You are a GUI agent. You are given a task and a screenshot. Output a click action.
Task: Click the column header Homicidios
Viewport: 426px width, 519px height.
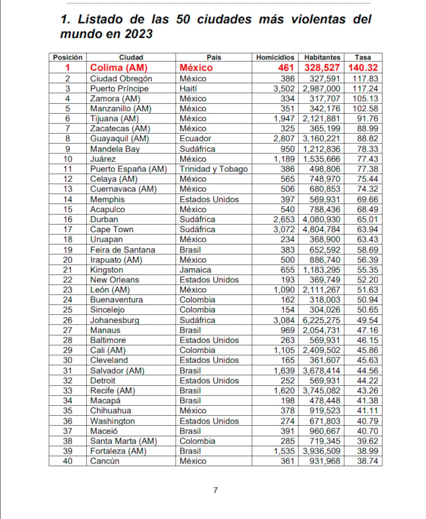point(275,57)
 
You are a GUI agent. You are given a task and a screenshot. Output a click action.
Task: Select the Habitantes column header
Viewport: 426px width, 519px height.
point(322,57)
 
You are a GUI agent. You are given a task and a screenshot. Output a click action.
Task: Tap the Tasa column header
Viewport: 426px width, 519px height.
point(363,57)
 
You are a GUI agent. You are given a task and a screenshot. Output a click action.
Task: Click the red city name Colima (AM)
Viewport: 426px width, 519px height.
point(119,67)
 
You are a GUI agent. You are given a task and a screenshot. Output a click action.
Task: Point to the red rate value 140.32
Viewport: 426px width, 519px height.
point(363,67)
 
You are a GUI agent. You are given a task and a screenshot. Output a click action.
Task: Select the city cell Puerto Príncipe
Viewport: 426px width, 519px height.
point(119,88)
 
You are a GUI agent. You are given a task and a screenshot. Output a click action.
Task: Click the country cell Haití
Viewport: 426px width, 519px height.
point(188,88)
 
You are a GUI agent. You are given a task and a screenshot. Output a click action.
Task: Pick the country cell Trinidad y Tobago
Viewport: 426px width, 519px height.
point(213,169)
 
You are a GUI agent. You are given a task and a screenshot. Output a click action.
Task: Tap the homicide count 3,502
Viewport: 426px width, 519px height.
point(284,88)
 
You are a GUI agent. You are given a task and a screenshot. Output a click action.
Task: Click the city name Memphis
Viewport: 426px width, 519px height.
point(107,199)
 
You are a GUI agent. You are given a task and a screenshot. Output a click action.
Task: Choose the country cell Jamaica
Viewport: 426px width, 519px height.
point(195,270)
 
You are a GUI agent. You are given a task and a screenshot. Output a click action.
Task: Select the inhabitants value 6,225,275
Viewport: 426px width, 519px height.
point(321,320)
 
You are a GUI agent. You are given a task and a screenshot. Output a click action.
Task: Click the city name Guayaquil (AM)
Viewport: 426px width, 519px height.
point(119,139)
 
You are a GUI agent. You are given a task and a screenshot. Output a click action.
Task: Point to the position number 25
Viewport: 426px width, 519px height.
point(67,310)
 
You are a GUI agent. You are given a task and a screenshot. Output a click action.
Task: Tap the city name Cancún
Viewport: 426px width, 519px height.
point(105,461)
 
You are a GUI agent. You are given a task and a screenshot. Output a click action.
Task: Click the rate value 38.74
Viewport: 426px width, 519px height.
point(367,461)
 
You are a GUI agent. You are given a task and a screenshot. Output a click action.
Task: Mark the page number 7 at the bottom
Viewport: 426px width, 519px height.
point(215,490)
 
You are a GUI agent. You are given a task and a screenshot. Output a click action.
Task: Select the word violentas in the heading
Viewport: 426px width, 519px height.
point(318,19)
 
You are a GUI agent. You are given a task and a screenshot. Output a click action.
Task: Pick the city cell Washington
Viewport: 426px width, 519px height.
point(112,421)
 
